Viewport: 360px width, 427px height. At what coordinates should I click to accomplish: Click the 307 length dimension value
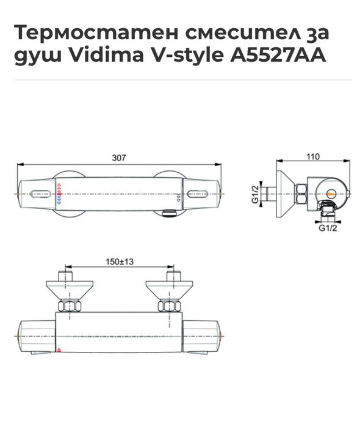pyautogui.click(x=119, y=158)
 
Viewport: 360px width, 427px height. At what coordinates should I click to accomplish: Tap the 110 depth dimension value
pyautogui.click(x=312, y=157)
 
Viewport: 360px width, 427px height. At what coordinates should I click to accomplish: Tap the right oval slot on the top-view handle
pyautogui.click(x=199, y=195)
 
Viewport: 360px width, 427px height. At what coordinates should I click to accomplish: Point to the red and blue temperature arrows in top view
pyautogui.click(x=59, y=193)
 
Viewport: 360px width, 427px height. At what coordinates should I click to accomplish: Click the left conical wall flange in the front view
pyautogui.click(x=68, y=287)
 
